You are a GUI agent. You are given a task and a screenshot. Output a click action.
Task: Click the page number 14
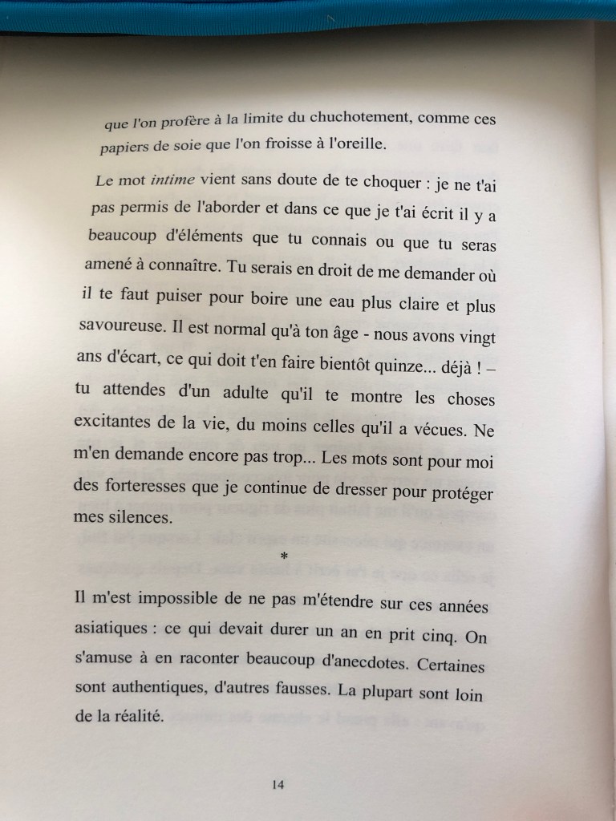[x=278, y=785]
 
